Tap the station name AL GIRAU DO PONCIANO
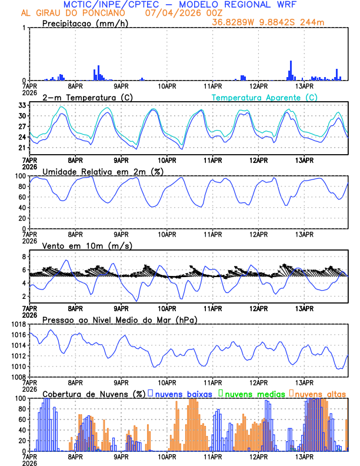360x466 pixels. click(x=76, y=13)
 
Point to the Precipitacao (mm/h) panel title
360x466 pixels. click(x=85, y=24)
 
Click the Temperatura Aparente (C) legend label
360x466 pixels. click(x=264, y=97)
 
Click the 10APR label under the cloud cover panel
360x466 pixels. click(x=166, y=457)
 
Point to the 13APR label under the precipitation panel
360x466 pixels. click(x=304, y=86)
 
